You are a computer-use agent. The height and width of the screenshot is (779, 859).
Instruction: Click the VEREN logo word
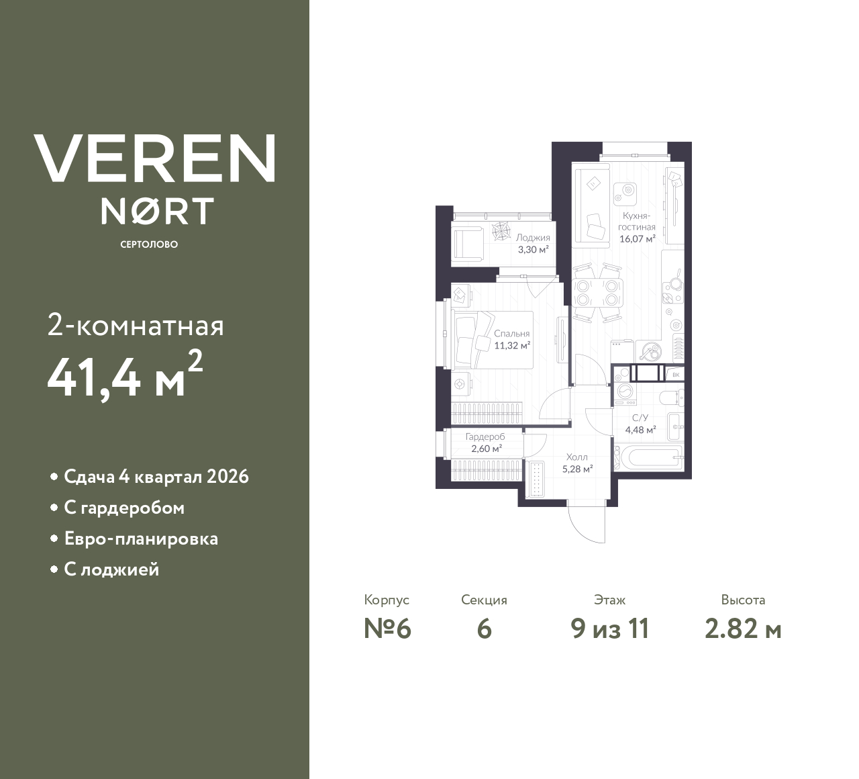point(154,158)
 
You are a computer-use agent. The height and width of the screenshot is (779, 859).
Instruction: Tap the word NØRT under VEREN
point(157,211)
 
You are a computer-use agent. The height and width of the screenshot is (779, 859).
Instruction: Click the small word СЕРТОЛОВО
point(149,244)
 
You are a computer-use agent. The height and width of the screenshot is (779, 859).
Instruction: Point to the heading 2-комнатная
point(136,326)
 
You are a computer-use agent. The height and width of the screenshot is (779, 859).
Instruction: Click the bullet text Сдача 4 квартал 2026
point(156,477)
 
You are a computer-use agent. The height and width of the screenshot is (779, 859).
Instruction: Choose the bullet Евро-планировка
point(141,539)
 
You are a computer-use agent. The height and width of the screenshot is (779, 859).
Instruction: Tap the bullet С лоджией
point(111,569)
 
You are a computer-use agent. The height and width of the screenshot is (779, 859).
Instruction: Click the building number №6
point(387,629)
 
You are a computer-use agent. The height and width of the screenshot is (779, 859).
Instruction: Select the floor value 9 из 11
point(610,629)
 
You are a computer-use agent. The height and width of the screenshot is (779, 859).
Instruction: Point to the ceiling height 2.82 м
point(743,629)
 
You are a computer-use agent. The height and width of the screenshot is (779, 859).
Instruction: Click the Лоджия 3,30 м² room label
point(533,243)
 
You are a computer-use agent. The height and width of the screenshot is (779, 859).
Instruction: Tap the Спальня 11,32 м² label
point(512,340)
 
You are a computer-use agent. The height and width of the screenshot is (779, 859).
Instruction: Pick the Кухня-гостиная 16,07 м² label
point(638,227)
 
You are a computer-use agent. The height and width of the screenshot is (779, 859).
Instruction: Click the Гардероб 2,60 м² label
point(485,443)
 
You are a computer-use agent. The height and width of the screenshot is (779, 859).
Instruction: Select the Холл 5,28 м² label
point(577,463)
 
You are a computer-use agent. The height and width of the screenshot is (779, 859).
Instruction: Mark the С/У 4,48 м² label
point(640,424)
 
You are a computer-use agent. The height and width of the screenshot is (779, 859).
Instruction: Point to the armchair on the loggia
point(468,242)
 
